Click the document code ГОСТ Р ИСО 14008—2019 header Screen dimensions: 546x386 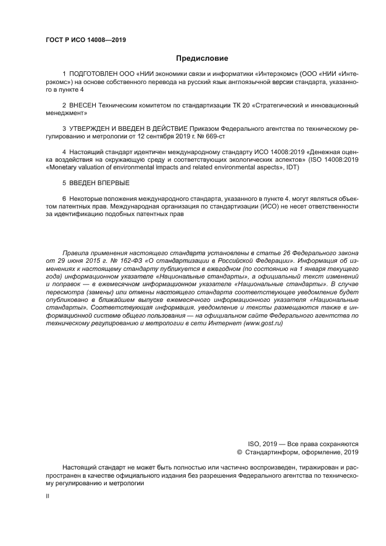point(86,40)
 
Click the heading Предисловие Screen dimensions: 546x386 point(202,58)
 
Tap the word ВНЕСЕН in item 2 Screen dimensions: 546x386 point(83,106)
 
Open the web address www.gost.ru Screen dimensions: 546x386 point(264,324)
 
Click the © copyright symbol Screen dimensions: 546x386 point(239,452)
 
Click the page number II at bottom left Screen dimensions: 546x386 point(47,496)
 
